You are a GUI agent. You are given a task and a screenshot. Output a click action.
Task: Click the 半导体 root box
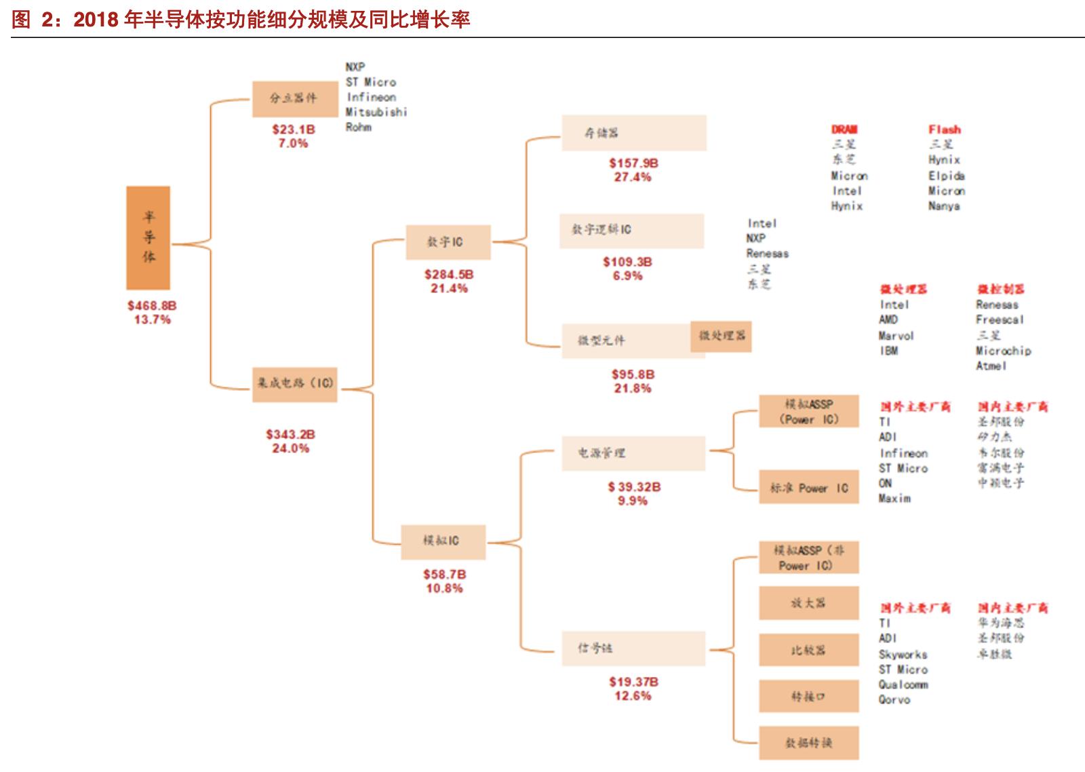(x=148, y=237)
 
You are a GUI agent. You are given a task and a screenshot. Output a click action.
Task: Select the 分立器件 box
(x=294, y=99)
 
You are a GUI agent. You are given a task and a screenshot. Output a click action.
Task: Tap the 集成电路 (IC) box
(x=294, y=383)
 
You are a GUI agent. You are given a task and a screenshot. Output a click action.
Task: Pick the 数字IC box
(x=448, y=242)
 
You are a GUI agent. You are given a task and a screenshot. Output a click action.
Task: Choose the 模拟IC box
(x=443, y=541)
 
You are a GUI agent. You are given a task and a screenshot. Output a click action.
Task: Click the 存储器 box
(x=633, y=133)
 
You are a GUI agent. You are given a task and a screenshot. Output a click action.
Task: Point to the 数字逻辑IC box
(x=631, y=231)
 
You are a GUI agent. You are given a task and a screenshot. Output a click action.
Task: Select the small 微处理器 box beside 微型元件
(x=721, y=336)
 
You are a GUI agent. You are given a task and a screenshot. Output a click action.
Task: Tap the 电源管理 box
(x=633, y=453)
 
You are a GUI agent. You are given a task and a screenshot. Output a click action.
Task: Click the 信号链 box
(x=633, y=649)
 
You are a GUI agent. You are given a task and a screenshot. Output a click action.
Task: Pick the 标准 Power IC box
(x=808, y=488)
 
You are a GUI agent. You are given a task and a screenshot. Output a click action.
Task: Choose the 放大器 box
(x=808, y=603)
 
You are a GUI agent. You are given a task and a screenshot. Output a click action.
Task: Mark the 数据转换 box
(x=808, y=743)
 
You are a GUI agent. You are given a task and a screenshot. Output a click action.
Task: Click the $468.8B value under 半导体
(x=152, y=306)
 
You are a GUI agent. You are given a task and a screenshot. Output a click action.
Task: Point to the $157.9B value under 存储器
(x=633, y=163)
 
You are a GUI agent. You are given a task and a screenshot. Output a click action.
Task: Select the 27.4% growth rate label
(x=633, y=177)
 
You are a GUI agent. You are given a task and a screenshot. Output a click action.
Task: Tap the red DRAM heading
(x=844, y=130)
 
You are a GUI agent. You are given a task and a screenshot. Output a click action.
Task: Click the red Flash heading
(x=945, y=130)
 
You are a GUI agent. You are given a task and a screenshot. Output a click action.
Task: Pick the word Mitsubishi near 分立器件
(x=376, y=112)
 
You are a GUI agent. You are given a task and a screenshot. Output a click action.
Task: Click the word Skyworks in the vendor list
(x=903, y=655)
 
